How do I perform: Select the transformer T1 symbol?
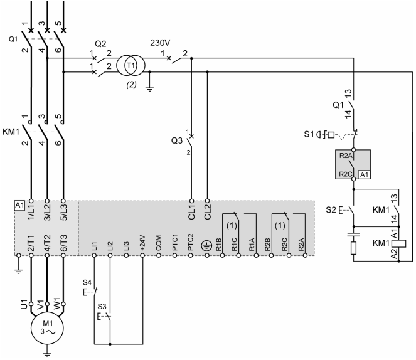point(131,65)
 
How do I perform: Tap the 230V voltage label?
point(160,43)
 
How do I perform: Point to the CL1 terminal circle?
point(191,201)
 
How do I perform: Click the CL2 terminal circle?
point(208,201)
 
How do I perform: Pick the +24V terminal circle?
point(142,255)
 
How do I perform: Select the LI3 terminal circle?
point(126,255)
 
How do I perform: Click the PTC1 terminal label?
point(174,242)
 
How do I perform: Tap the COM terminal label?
point(158,243)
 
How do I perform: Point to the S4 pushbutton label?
point(87,282)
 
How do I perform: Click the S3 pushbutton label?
point(102,307)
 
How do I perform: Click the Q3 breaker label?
point(177,140)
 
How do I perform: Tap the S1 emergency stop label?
point(309,134)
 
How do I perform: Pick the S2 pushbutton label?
point(331,210)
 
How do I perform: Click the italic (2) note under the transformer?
point(131,85)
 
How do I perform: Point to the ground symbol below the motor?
point(47,354)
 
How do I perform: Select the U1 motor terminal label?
point(24,304)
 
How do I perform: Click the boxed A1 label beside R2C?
point(365,175)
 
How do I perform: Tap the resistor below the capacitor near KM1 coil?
point(353,248)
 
